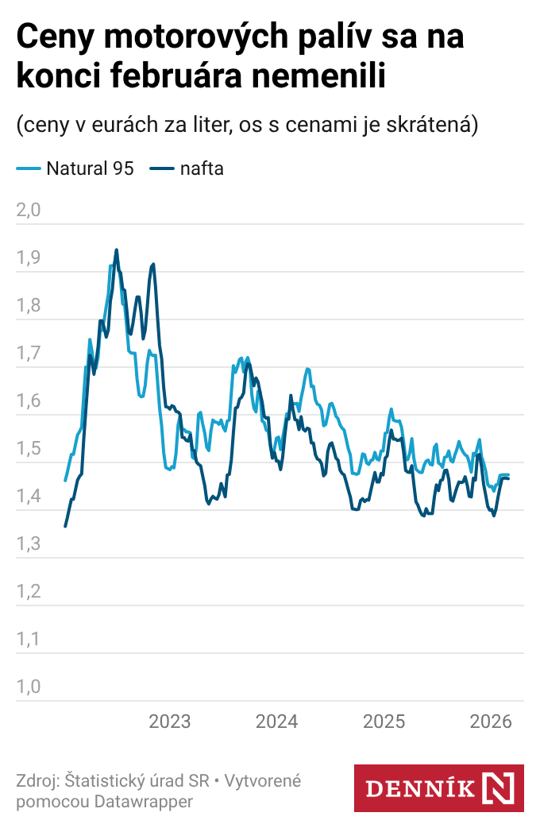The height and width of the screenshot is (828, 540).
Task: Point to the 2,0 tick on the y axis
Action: (x=29, y=211)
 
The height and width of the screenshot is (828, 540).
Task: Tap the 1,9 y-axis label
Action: (x=29, y=258)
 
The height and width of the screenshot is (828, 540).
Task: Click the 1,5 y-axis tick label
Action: (x=29, y=449)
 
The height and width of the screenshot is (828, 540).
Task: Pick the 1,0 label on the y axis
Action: (x=29, y=687)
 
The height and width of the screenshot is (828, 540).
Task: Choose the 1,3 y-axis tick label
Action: (x=29, y=544)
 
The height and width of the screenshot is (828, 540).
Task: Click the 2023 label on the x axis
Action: (x=170, y=722)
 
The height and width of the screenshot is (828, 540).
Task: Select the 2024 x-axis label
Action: (x=277, y=722)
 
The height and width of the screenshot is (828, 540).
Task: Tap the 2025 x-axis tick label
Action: (x=384, y=722)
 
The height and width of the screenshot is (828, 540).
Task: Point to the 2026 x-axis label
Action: (x=491, y=722)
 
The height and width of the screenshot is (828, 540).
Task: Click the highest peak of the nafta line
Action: (x=117, y=250)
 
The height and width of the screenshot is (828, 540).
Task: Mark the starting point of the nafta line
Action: (x=65, y=526)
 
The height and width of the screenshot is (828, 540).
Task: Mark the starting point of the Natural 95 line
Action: (x=65, y=481)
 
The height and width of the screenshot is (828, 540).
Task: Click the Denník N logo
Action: (x=438, y=788)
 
